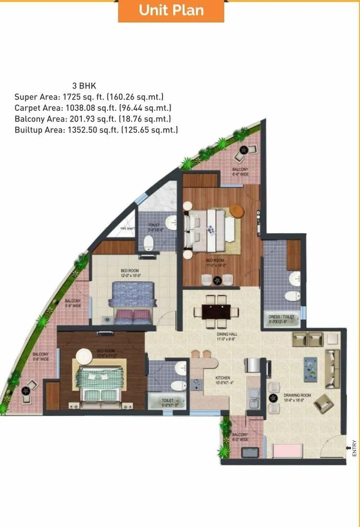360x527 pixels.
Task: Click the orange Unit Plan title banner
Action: (x=171, y=11)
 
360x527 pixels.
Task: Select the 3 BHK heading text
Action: (x=84, y=86)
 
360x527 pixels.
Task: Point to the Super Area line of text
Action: (x=89, y=97)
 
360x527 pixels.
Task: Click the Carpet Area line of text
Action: (x=93, y=108)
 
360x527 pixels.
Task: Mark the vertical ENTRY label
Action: (x=354, y=448)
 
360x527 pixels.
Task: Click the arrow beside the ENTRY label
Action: (x=348, y=448)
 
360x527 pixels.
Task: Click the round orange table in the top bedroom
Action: (x=236, y=210)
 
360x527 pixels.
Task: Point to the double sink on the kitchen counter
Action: (x=254, y=398)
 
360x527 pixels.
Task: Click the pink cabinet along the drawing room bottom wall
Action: (x=287, y=450)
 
